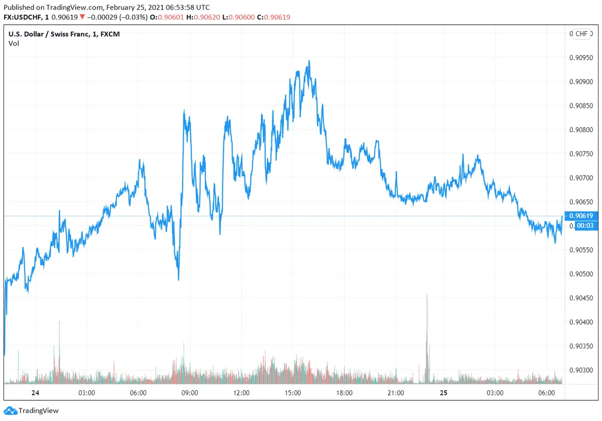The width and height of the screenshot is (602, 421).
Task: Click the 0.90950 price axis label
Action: point(582,57)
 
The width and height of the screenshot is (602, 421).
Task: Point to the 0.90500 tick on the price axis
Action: point(582,274)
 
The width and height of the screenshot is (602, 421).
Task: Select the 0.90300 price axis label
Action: point(582,370)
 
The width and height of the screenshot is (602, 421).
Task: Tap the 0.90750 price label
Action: point(582,154)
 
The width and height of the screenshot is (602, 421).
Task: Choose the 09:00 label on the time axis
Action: point(189,392)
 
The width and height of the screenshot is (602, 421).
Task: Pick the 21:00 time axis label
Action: point(396,392)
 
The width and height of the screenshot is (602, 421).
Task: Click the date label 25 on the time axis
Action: point(443,392)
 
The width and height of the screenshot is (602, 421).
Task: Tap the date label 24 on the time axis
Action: point(35,392)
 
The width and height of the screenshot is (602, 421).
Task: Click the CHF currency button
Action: point(581,34)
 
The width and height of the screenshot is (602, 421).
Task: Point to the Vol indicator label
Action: point(14,43)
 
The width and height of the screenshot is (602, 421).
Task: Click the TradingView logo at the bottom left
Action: point(31,410)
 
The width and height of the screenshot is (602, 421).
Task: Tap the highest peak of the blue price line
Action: point(309,61)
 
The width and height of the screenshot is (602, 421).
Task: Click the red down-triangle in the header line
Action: point(82,17)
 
